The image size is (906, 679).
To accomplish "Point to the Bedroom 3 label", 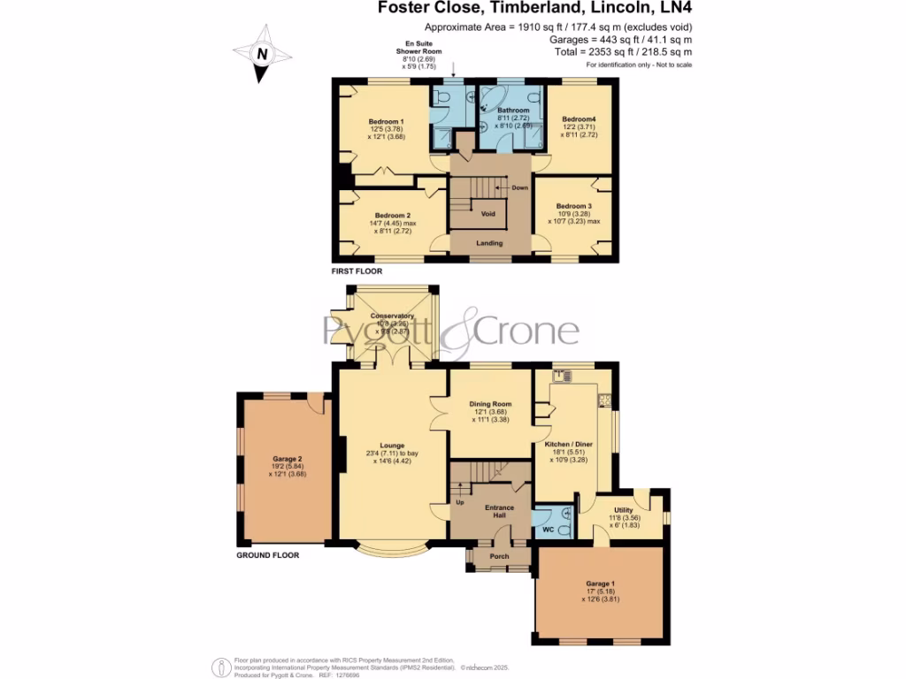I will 576,205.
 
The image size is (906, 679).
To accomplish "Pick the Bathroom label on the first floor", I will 513,111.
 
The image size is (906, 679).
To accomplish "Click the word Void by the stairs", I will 488,214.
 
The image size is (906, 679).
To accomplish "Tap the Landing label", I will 489,243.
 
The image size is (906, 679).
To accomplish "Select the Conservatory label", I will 392,316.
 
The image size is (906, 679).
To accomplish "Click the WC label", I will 547,530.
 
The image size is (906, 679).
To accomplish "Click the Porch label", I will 499,556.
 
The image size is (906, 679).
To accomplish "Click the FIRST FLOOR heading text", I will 357,271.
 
